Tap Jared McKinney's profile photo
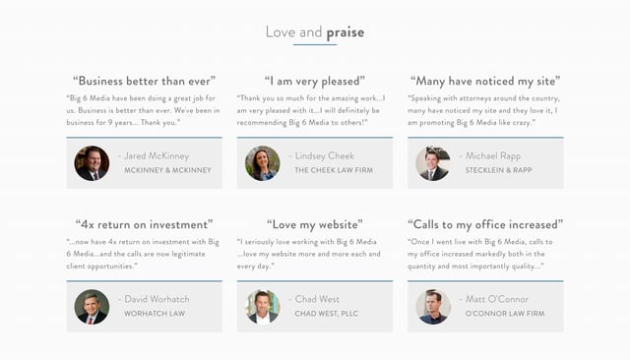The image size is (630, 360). point(92,163)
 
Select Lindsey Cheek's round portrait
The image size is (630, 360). point(262,163)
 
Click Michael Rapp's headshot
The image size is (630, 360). point(432,163)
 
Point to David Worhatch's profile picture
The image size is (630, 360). point(92,307)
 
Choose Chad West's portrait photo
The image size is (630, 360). point(262,307)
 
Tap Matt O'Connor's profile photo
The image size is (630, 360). point(432,307)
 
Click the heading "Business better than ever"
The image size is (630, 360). point(144,81)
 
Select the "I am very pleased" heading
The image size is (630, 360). point(314,81)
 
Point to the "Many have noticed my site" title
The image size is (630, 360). point(485,81)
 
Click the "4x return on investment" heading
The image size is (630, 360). point(144,224)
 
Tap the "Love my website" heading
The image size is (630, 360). point(314,224)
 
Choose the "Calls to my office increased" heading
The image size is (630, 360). point(485,224)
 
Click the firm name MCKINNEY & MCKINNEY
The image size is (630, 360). point(167,170)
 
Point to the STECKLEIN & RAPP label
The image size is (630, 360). point(498,170)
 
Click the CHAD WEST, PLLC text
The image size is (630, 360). point(327,314)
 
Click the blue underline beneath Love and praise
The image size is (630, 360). point(315,45)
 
